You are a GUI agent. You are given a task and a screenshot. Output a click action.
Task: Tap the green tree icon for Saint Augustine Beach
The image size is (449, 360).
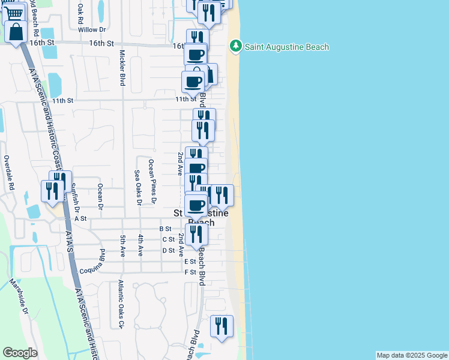[236, 46]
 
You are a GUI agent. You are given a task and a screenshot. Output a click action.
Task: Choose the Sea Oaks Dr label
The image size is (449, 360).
[137, 187]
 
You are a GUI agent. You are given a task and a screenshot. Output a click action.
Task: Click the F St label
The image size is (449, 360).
[190, 272]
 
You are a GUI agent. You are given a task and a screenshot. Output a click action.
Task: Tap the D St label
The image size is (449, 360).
[168, 250]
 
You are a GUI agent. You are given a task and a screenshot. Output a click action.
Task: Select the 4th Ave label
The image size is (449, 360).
[140, 242]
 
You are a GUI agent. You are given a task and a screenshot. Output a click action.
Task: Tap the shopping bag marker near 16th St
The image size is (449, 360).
[16, 31]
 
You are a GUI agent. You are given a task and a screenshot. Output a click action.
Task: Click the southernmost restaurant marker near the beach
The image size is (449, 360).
[221, 326]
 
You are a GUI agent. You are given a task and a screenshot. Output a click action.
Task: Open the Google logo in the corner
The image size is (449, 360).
[20, 353]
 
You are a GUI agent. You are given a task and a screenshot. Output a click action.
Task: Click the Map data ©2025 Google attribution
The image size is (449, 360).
[412, 355]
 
